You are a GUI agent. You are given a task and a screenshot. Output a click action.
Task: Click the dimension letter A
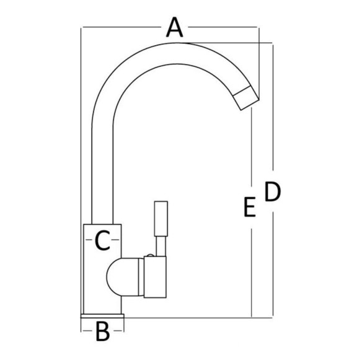tap(175, 27)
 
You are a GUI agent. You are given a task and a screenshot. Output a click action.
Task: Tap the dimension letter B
tap(102, 332)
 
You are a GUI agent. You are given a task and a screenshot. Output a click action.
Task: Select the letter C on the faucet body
tap(102, 241)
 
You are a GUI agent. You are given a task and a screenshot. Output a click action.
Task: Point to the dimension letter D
tap(272, 192)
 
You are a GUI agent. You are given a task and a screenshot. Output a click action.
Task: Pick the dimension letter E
tap(250, 207)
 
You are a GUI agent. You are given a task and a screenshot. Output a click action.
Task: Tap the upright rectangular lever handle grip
tap(161, 219)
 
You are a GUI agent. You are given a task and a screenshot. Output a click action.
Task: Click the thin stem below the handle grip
tap(161, 246)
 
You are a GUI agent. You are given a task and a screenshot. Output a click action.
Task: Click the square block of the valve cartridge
tap(155, 277)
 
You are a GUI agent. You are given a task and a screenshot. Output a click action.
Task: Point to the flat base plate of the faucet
tap(102, 316)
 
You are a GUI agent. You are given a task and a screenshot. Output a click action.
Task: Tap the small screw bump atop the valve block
tap(150, 255)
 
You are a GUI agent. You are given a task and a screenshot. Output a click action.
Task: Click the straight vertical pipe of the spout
tap(102, 175)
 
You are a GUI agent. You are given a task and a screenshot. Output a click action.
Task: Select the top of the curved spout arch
tap(176, 53)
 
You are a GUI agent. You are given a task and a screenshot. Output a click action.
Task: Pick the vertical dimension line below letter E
tap(252, 273)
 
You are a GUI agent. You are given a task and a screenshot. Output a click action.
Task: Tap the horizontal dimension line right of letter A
tap(224, 27)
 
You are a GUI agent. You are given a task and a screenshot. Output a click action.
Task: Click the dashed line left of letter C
tap(89, 240)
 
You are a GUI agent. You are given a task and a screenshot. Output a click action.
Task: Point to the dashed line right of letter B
tap(118, 330)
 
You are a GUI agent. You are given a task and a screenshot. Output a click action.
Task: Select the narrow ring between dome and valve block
tap(141, 277)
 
